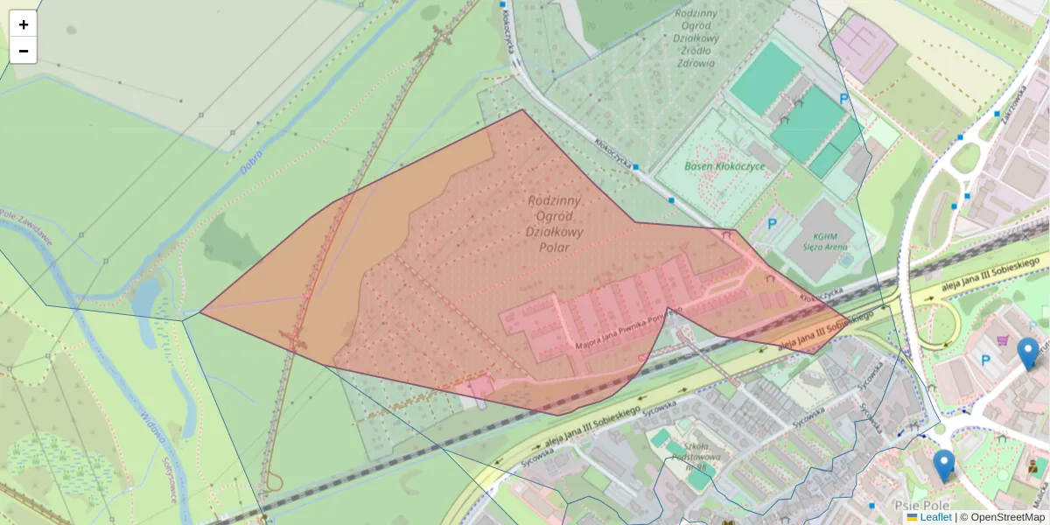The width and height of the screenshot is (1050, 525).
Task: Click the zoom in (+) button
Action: tap(23, 24)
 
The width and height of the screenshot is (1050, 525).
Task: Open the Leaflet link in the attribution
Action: tap(935, 517)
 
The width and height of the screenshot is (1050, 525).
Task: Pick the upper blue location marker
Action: tap(1028, 353)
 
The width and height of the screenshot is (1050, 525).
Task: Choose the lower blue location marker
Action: tap(943, 465)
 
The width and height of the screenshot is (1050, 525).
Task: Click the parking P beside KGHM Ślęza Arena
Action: tap(772, 224)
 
